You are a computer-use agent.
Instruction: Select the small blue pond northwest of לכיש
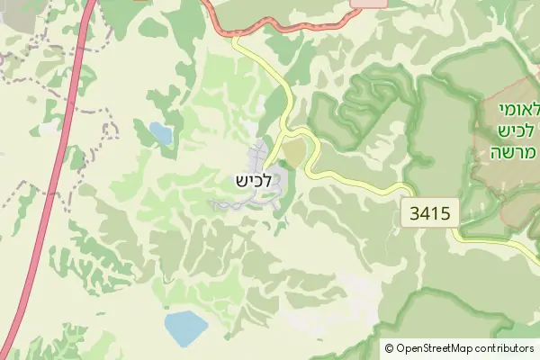click(161, 133)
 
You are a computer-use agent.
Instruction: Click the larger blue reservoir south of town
click(185, 328)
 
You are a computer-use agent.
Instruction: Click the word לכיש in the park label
click(517, 130)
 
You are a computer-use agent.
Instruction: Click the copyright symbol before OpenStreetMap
click(389, 348)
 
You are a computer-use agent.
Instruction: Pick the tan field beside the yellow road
click(295, 152)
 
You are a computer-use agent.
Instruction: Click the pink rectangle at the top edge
click(369, 4)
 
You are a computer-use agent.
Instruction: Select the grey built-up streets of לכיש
click(261, 155)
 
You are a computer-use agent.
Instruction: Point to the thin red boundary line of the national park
click(474, 162)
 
